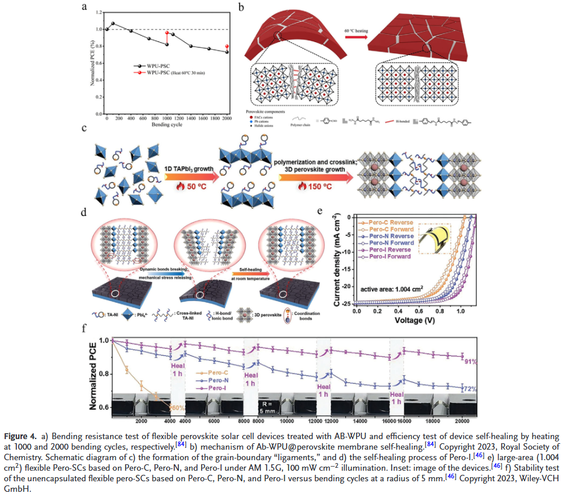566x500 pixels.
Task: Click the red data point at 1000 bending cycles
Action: tap(167, 33)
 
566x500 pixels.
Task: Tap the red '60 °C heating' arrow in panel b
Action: tap(356, 37)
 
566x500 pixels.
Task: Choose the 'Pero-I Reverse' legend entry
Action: tap(389, 249)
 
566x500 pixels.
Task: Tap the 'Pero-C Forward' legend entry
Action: tap(390, 229)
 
